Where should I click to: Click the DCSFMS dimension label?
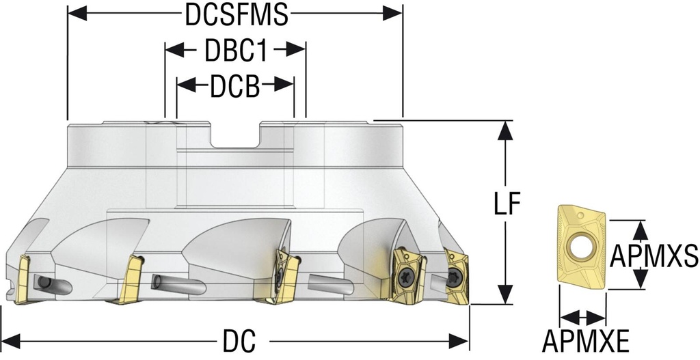point(237,16)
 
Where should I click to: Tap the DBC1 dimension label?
point(236,51)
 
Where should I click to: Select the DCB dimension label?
point(235,86)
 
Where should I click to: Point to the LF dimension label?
point(508,204)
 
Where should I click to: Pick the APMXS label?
point(654,256)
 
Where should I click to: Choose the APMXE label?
point(586,342)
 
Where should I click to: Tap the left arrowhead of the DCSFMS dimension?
point(77,14)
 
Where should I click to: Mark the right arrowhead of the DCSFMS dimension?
point(393,14)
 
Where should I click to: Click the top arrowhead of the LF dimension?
point(504,130)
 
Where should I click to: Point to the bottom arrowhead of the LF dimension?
point(505,294)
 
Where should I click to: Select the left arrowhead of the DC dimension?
point(11,342)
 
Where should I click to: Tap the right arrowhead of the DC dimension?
point(459,342)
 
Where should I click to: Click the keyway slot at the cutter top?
point(235,135)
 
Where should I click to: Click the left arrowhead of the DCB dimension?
point(186,84)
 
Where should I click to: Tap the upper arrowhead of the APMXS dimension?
point(641,230)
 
